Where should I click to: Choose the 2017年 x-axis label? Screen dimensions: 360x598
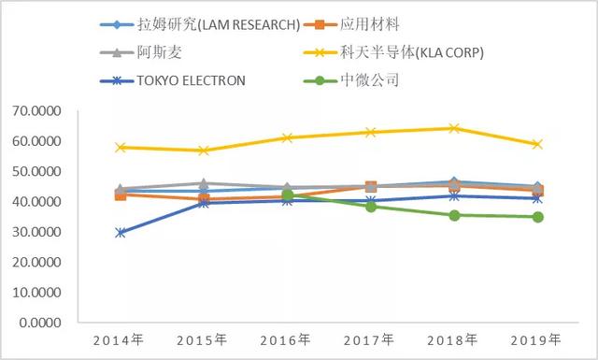pyautogui.click(x=370, y=339)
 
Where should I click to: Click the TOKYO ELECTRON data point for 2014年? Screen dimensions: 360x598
pyautogui.click(x=121, y=233)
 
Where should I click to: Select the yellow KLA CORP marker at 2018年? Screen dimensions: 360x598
pyautogui.click(x=453, y=128)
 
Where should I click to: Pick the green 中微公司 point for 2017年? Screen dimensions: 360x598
pyautogui.click(x=371, y=207)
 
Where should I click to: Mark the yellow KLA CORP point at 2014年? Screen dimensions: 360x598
pyautogui.click(x=121, y=148)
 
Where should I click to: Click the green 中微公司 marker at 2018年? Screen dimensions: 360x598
pyautogui.click(x=453, y=215)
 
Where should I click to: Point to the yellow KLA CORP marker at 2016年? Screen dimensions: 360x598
pyautogui.click(x=288, y=138)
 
